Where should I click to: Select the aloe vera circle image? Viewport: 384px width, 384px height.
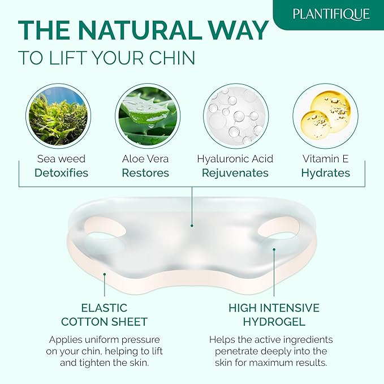148,115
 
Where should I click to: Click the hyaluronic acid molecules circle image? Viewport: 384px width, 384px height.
235,115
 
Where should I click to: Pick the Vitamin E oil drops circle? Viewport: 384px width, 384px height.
325,115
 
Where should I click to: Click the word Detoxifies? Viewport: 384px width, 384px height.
62,173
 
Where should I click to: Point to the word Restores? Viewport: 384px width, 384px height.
146,173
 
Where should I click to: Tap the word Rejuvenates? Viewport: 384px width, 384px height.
235,173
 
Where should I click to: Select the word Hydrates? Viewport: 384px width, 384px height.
326,173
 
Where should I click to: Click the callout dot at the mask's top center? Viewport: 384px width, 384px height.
192,225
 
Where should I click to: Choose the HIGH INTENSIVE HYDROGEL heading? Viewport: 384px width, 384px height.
274,315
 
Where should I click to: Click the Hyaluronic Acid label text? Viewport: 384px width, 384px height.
235,159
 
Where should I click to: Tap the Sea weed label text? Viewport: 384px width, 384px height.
61,159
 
